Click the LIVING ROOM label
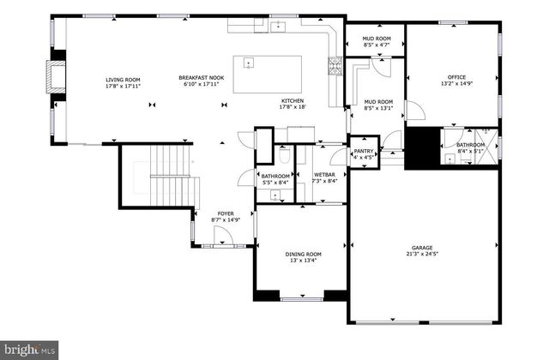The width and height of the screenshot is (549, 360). pos(123,78)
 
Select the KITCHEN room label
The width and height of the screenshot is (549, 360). pos(293,99)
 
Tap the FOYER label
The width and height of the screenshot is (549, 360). pos(226,213)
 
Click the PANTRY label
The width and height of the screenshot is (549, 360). pos(363,151)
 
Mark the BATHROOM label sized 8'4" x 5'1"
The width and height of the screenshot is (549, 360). pos(471,148)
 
